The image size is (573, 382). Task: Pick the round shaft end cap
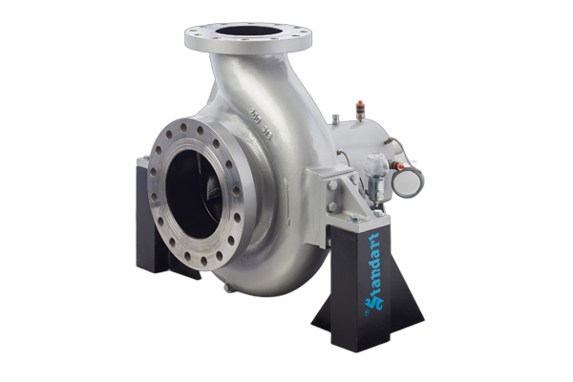point(410,180)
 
